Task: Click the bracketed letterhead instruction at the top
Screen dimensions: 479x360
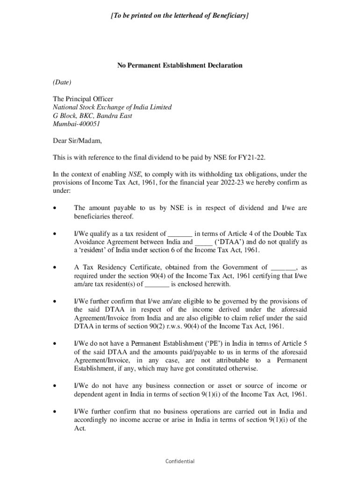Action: click(180, 15)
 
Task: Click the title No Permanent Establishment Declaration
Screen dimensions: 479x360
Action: click(180, 65)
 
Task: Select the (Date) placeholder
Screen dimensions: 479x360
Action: click(62, 82)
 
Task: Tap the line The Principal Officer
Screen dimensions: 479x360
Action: click(83, 99)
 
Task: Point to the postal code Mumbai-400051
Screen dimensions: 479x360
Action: click(76, 124)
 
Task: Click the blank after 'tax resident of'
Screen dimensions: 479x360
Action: click(180, 233)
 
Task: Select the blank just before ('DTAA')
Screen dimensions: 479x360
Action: click(203, 242)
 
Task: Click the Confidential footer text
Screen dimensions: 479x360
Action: click(180, 461)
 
